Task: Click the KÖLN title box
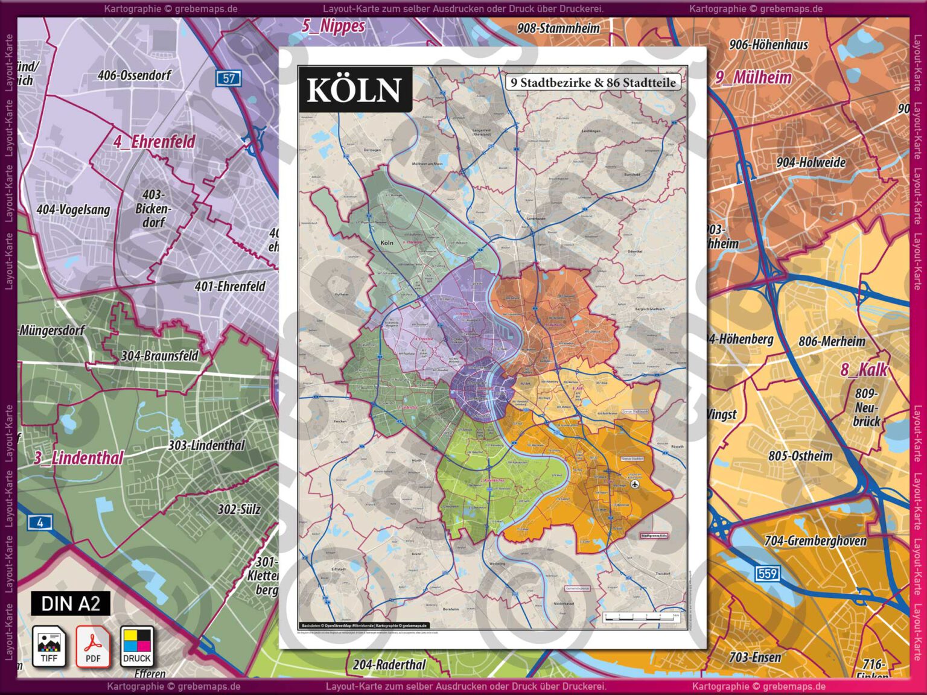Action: click(x=355, y=90)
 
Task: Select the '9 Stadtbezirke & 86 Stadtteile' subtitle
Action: click(x=593, y=83)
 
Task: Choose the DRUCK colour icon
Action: click(x=137, y=646)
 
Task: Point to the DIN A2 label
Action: click(x=71, y=603)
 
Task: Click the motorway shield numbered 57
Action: click(x=229, y=78)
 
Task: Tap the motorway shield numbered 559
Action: click(x=767, y=573)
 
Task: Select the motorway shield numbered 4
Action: click(x=40, y=522)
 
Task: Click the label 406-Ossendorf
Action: click(x=134, y=75)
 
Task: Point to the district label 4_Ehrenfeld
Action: click(x=154, y=142)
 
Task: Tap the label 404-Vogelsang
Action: click(x=73, y=210)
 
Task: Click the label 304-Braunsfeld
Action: click(x=159, y=356)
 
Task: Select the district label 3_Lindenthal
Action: click(x=78, y=458)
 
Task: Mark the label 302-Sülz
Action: click(x=239, y=509)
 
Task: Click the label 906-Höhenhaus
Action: click(x=768, y=45)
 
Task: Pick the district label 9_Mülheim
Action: click(x=753, y=78)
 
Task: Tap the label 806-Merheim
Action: click(x=832, y=341)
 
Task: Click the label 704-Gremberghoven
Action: click(x=815, y=541)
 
